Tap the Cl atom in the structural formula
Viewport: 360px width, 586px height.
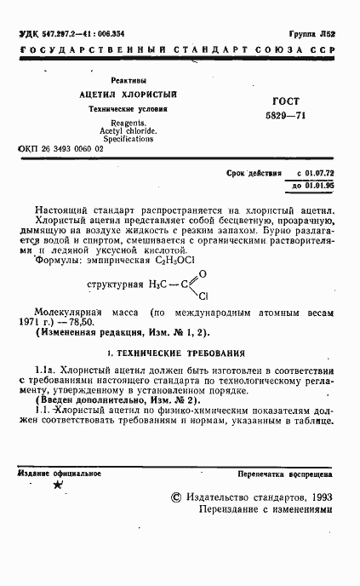coord(203,296)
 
